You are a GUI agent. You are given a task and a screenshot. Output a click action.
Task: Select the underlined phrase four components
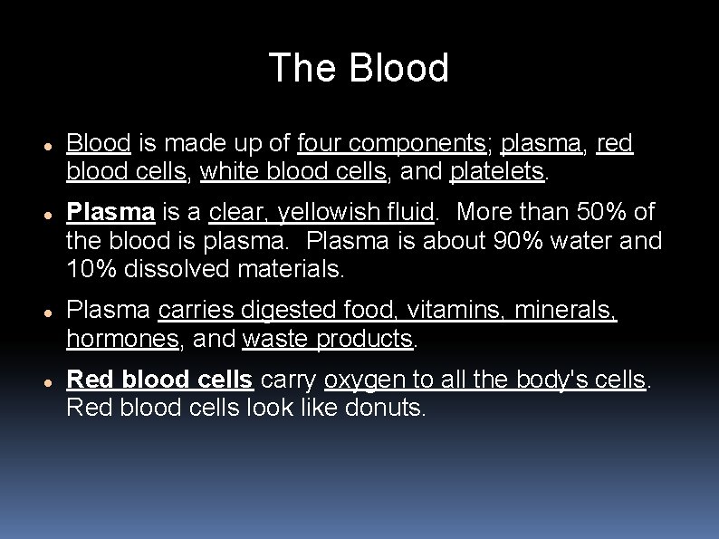click(x=390, y=143)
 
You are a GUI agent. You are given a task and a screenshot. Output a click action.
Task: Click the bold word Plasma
click(x=110, y=212)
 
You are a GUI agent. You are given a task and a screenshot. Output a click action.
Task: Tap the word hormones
click(x=122, y=339)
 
